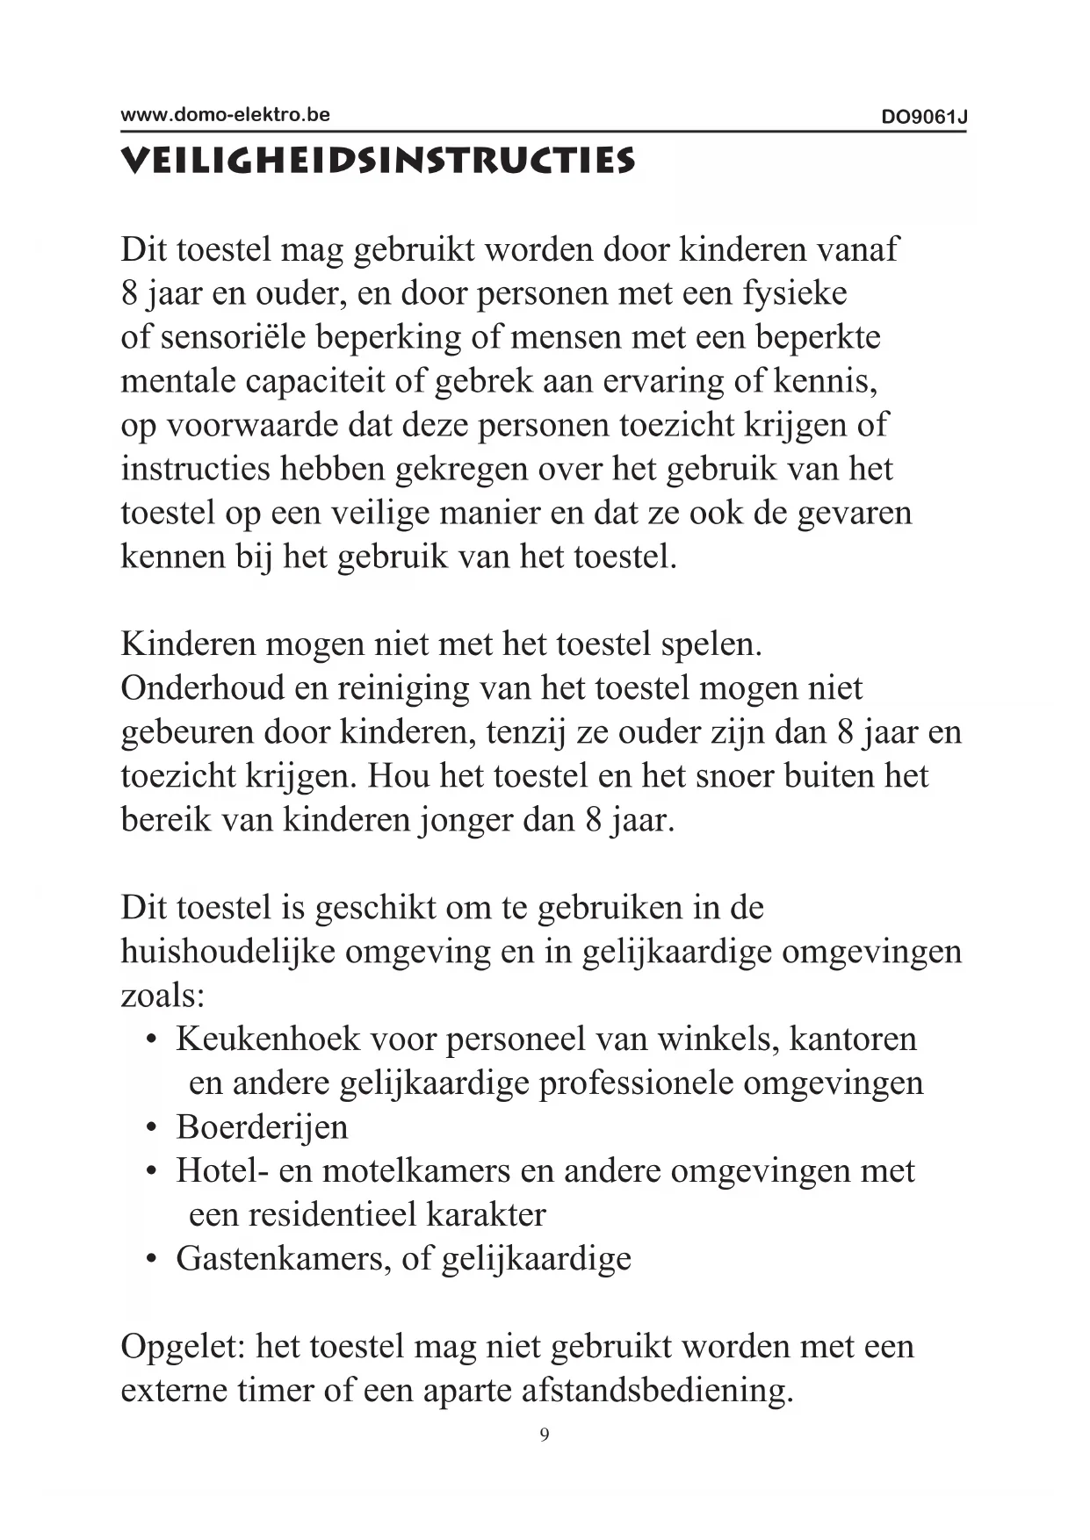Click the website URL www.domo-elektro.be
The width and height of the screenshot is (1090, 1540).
point(225,114)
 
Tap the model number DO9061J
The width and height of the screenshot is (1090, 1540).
point(924,118)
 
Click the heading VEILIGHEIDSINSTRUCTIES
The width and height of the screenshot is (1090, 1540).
point(378,162)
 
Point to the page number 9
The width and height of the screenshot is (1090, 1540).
point(545,1435)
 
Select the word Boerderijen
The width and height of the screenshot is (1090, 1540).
point(262,1127)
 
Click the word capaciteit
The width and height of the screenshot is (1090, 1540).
point(328,382)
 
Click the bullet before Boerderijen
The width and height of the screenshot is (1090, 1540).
point(152,1127)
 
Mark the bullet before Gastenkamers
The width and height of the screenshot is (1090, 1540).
point(152,1259)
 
